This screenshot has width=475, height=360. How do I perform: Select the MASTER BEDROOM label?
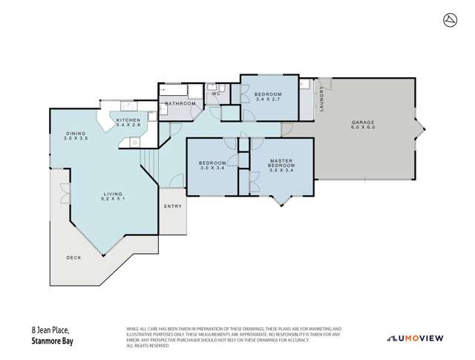click(282, 163)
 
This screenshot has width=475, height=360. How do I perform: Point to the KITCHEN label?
click(128, 120)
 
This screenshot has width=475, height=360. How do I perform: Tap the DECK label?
click(73, 258)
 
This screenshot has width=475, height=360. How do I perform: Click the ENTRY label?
click(171, 206)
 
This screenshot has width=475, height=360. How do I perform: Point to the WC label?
click(216, 94)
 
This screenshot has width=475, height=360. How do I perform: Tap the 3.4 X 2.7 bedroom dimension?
click(268, 100)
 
